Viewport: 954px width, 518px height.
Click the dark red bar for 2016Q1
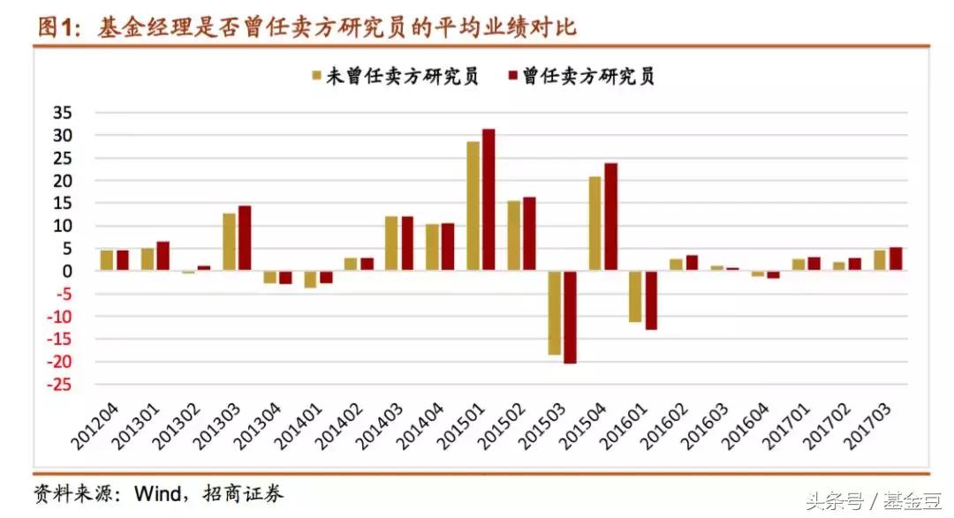pos(651,300)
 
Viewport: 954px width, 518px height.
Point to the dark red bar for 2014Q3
pos(407,244)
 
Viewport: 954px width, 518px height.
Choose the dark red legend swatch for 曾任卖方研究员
pos(511,77)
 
